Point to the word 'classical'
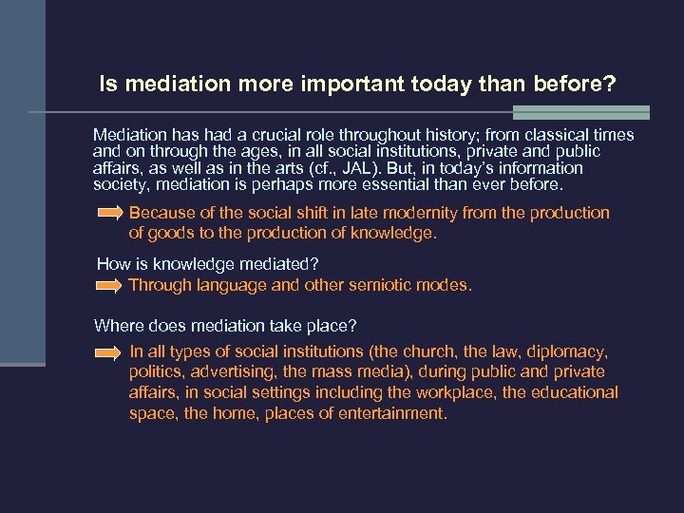[x=542, y=135]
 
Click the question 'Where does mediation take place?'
[x=225, y=326]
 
